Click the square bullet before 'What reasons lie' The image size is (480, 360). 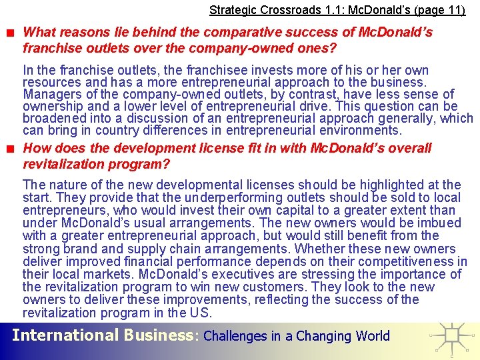[13, 33]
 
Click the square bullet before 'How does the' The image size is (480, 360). [13, 149]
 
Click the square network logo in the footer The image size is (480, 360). [453, 337]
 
